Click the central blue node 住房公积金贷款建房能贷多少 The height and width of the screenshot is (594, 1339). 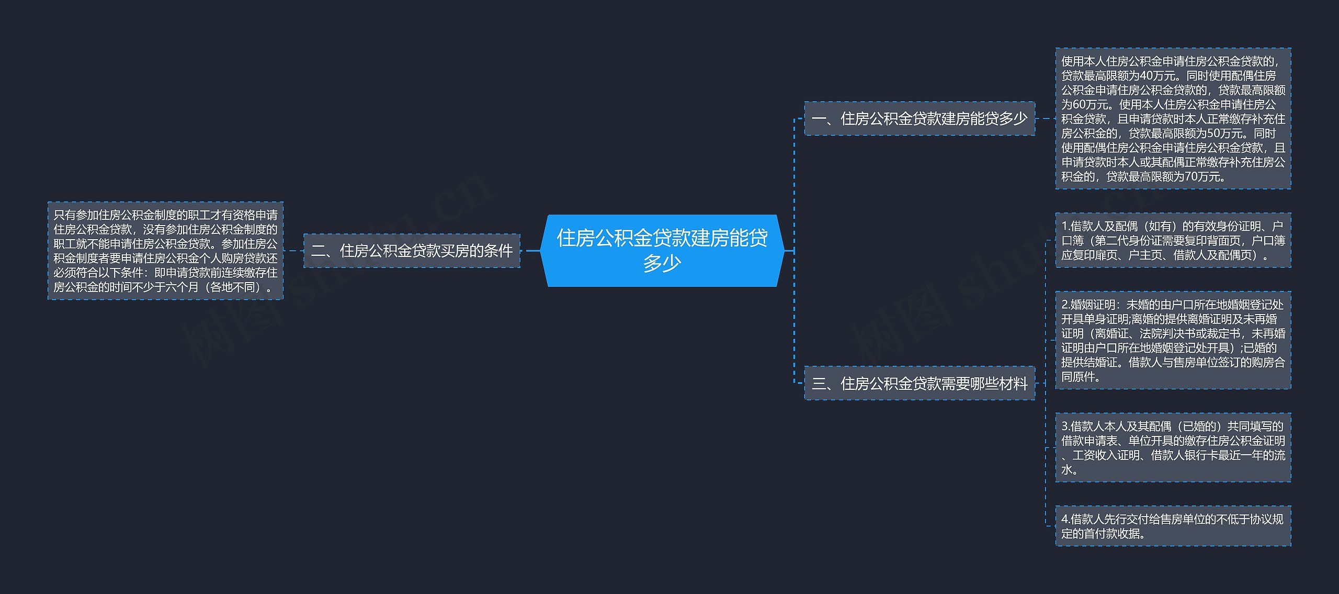[662, 250]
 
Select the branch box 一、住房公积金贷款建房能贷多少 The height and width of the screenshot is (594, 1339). [919, 119]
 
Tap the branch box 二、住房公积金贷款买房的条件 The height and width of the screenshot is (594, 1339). [412, 251]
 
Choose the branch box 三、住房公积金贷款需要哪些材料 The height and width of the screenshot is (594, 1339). [919, 384]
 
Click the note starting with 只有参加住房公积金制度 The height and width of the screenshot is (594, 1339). [165, 251]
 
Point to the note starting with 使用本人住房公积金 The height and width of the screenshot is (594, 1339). [1173, 119]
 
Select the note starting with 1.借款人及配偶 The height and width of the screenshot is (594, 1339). [1173, 240]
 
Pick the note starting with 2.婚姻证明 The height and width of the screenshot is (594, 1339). [1173, 340]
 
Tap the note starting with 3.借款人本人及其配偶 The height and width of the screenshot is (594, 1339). [1173, 447]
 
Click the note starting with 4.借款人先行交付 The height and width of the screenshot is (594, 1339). [1173, 526]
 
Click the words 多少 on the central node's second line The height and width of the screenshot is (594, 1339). [662, 263]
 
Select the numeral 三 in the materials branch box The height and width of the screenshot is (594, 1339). [819, 384]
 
